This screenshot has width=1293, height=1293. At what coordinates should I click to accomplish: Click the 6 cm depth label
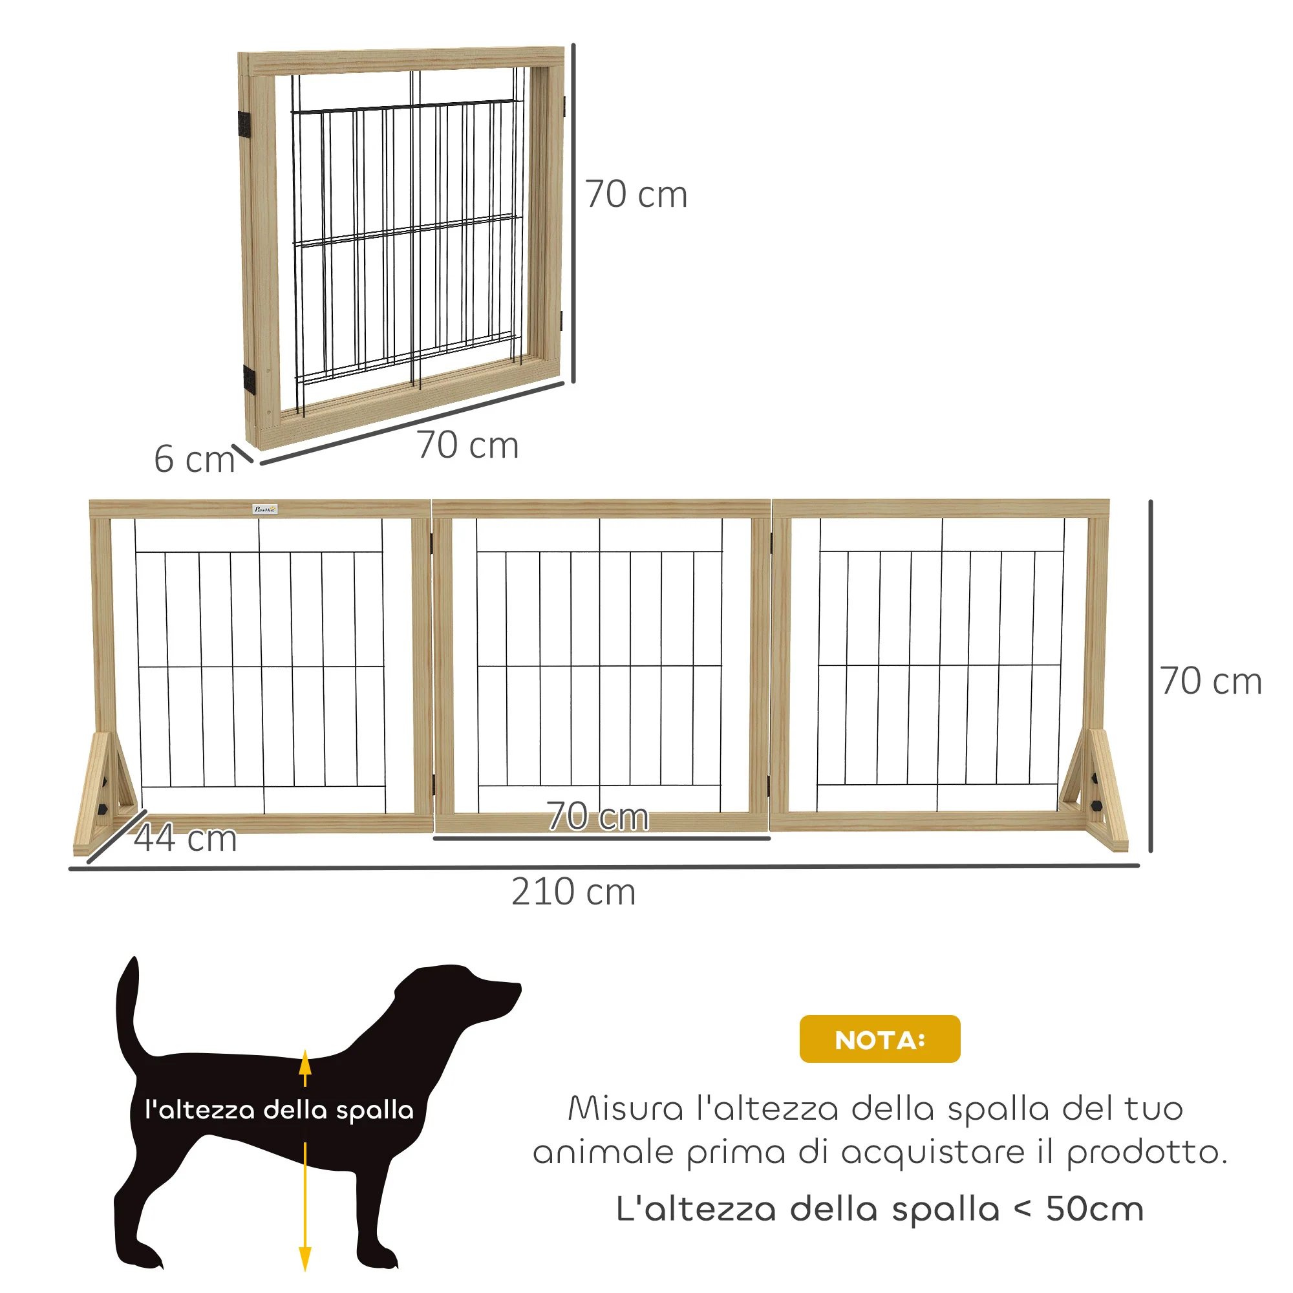point(194,459)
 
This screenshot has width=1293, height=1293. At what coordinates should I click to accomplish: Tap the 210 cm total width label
point(573,892)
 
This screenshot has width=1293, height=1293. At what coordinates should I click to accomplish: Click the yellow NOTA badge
point(879,1039)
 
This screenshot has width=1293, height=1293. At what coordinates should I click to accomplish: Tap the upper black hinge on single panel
point(244,125)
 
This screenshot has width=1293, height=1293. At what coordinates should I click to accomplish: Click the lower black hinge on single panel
point(249,379)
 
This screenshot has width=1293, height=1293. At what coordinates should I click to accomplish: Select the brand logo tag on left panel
point(266,509)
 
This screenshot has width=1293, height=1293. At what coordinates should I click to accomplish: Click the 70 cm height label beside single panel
point(636,195)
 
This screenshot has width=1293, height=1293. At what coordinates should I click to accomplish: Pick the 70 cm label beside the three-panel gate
point(1211,681)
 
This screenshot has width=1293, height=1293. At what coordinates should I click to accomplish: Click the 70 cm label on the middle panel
point(597,816)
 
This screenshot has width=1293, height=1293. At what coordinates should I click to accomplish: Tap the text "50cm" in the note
point(1095,1210)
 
